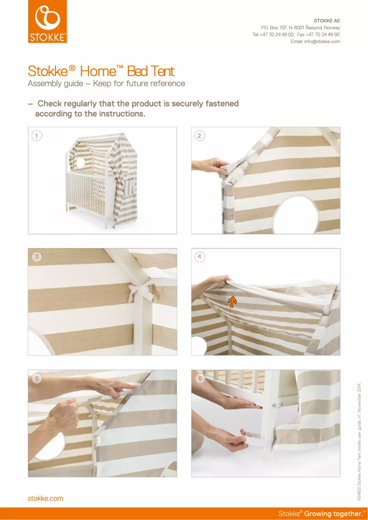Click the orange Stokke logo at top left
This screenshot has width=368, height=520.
coord(47,22)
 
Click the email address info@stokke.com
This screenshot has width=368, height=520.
coord(315,42)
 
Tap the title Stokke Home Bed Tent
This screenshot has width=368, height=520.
coord(101,72)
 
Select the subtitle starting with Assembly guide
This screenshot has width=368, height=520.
coord(106,83)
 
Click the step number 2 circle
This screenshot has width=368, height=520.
coord(199,135)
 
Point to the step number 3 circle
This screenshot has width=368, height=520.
coord(36,257)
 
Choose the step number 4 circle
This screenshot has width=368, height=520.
coord(199,257)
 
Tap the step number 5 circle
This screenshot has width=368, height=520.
coord(36,378)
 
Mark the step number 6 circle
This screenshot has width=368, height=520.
coord(199,378)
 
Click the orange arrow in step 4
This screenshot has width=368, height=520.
coord(233,301)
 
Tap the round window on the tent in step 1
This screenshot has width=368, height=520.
coord(81,162)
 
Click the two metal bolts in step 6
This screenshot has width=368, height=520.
coord(277,404)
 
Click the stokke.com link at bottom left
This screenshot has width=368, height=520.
coord(45,498)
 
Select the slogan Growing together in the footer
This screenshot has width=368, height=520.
coord(335,514)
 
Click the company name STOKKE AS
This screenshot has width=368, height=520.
coord(326,21)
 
